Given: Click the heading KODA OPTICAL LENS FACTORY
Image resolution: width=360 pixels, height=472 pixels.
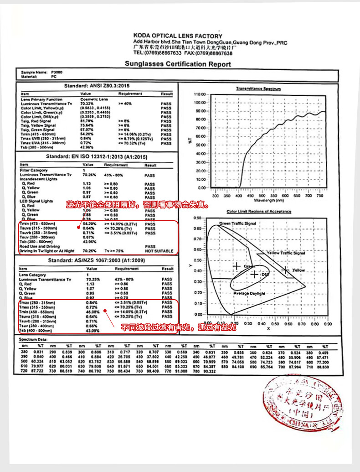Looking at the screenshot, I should [x=178, y=36].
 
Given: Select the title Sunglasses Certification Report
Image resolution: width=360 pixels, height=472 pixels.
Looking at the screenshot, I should [x=178, y=64].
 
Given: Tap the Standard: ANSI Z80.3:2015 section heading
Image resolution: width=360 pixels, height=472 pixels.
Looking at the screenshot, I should [x=97, y=86].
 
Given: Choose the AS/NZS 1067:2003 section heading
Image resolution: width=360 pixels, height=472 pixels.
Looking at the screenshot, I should [x=97, y=260].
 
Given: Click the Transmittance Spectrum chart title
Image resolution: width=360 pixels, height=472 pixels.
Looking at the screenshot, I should [x=258, y=89].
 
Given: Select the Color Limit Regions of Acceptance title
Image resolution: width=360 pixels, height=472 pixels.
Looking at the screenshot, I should [x=259, y=212].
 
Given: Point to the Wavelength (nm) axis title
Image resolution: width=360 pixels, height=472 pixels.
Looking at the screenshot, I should [x=270, y=200].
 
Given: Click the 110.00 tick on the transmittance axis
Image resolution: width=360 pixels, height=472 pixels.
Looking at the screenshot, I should [x=201, y=94].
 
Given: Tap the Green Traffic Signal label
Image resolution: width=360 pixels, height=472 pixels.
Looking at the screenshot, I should [x=237, y=224].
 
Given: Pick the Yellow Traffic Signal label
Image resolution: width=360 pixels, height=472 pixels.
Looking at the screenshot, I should [x=286, y=253].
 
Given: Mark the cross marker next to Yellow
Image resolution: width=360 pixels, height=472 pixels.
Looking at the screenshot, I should [x=286, y=270].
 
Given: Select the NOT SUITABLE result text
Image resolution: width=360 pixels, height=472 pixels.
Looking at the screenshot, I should [x=159, y=251].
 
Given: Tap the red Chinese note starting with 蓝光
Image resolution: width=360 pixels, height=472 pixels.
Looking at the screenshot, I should [x=138, y=205].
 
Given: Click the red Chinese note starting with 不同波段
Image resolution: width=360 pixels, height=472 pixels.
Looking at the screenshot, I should [x=178, y=327].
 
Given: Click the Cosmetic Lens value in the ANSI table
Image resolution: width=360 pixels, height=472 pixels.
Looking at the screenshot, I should [x=94, y=99].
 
